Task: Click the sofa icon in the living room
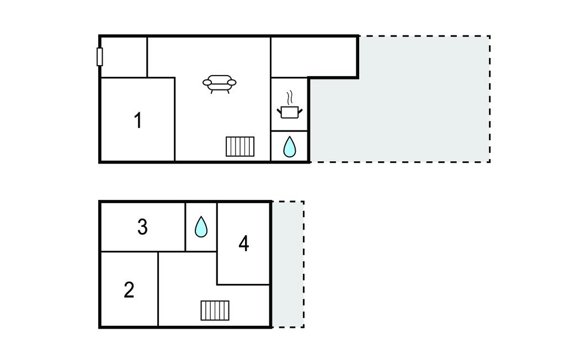point(220,83)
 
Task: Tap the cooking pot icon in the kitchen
point(289,112)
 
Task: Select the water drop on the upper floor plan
point(289,147)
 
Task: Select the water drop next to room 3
point(201,226)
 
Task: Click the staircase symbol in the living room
point(240,146)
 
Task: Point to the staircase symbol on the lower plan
point(215,310)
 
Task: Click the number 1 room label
point(138,120)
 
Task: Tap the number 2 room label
point(129,289)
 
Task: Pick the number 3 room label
point(142,226)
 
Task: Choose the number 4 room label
point(243,243)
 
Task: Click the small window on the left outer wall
point(100,56)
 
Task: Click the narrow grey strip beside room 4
point(287,264)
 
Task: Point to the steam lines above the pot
point(289,98)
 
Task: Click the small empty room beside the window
point(124,57)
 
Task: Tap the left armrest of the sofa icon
point(207,83)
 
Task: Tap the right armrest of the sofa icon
point(232,83)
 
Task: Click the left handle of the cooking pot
point(279,109)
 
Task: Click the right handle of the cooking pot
point(300,109)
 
